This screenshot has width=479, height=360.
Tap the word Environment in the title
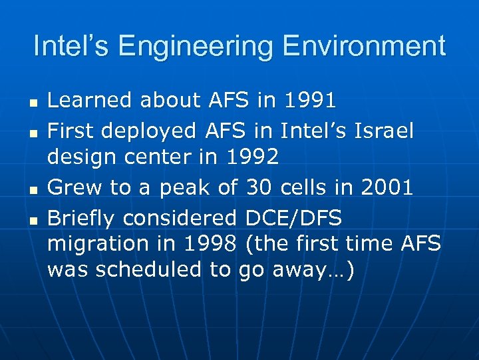[364, 47]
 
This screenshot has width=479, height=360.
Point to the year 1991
[309, 101]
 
